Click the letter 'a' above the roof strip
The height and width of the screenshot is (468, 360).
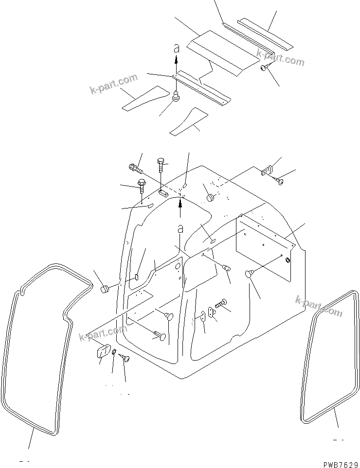click(x=177, y=48)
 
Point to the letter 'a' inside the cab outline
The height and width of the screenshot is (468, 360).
click(x=180, y=228)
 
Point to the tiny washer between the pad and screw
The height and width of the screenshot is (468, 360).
click(x=114, y=352)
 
